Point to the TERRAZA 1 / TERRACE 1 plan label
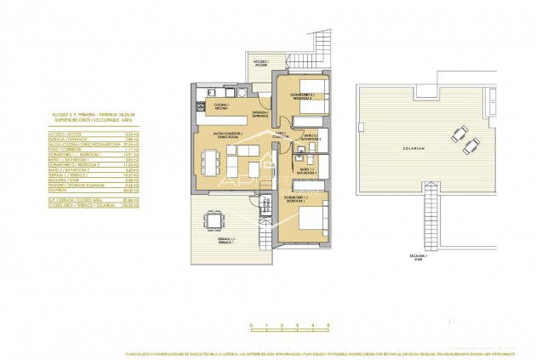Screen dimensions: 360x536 [248, 240]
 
